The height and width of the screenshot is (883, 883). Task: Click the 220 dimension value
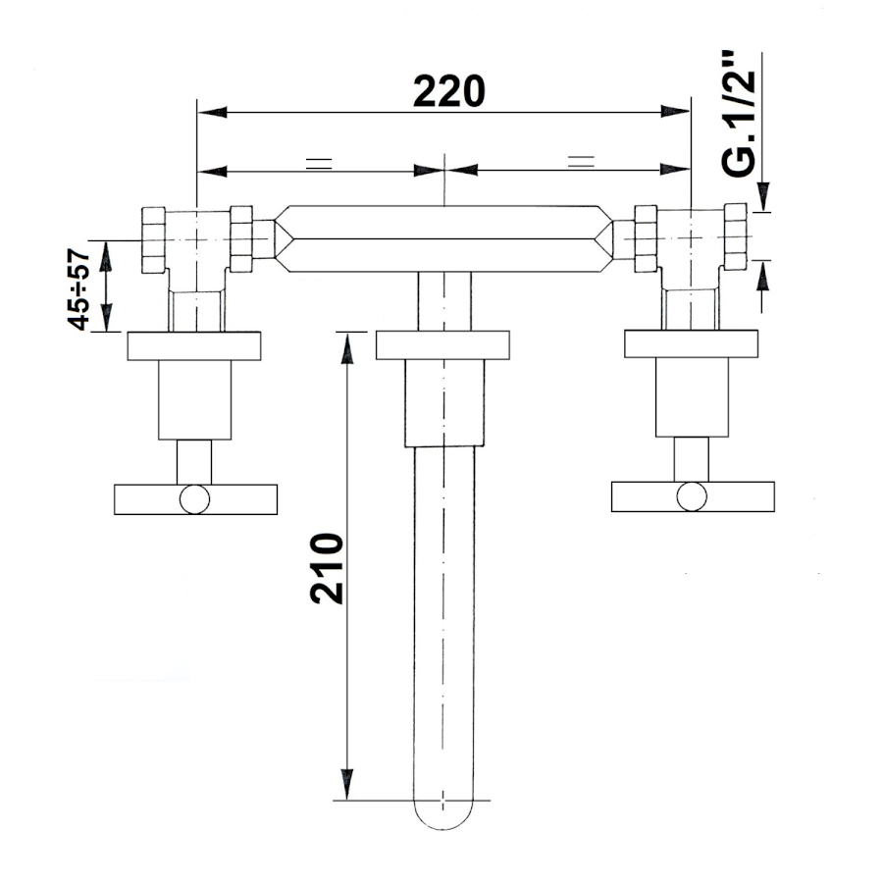point(448,90)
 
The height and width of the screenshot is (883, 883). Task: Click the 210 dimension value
point(327,569)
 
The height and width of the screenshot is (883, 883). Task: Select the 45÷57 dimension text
point(78,289)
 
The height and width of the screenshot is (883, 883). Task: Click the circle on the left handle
point(195,499)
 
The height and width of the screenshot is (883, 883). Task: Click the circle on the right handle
point(692,496)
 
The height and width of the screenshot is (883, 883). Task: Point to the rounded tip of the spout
point(443,816)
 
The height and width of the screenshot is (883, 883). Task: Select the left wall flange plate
point(194,346)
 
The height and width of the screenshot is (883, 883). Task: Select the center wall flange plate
point(442,345)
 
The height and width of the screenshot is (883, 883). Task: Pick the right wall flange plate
point(691,343)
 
